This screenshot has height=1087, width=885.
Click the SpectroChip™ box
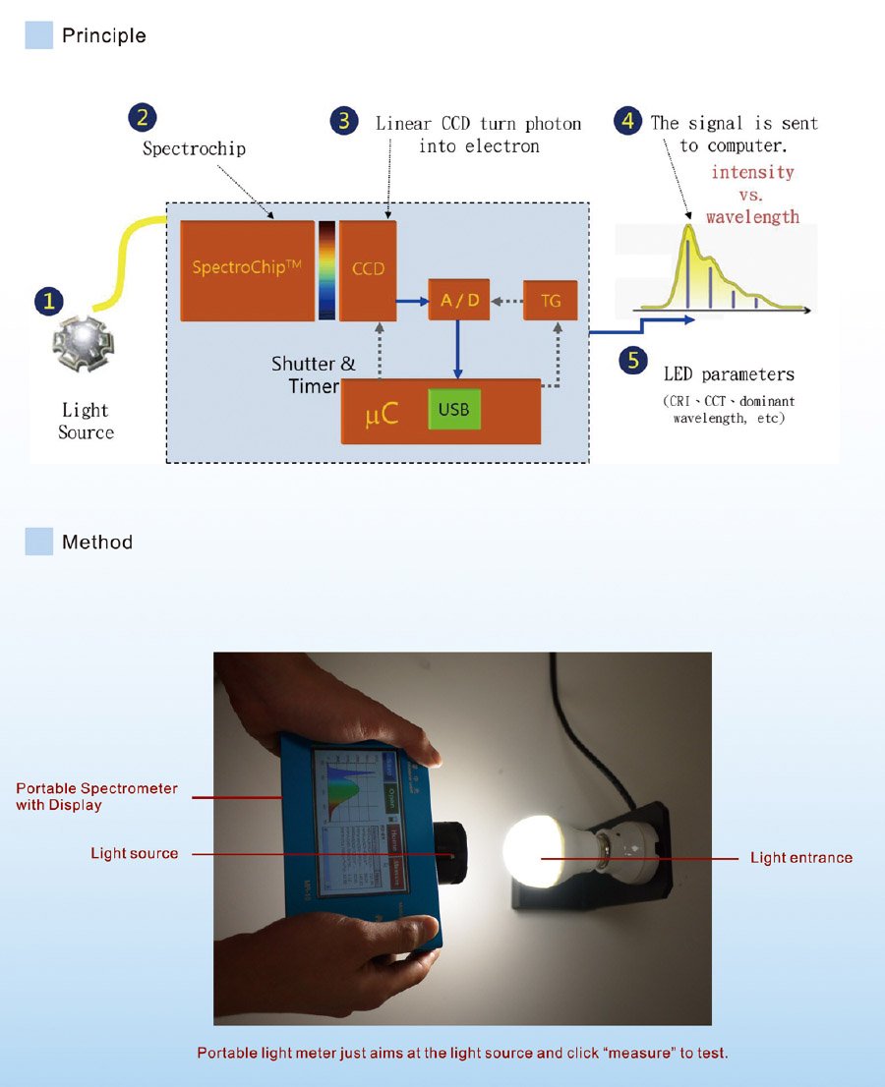[x=247, y=269]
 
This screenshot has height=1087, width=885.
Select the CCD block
[x=368, y=269]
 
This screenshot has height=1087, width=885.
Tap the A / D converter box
[x=458, y=300]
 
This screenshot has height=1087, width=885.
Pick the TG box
[x=551, y=300]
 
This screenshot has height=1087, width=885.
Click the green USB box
[x=453, y=409]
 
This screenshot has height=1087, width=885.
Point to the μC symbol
[x=382, y=414]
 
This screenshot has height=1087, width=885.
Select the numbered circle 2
[x=143, y=118]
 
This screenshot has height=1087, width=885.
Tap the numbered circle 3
[x=343, y=121]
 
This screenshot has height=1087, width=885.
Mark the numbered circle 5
[x=633, y=361]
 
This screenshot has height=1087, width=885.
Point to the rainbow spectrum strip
[x=325, y=269]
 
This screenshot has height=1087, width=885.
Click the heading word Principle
[x=103, y=36]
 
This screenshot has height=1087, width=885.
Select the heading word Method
[x=96, y=543]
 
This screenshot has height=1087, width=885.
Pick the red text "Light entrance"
[x=801, y=858]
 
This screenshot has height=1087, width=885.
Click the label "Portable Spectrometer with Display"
[x=96, y=796]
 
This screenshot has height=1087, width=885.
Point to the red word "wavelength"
[x=752, y=216]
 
